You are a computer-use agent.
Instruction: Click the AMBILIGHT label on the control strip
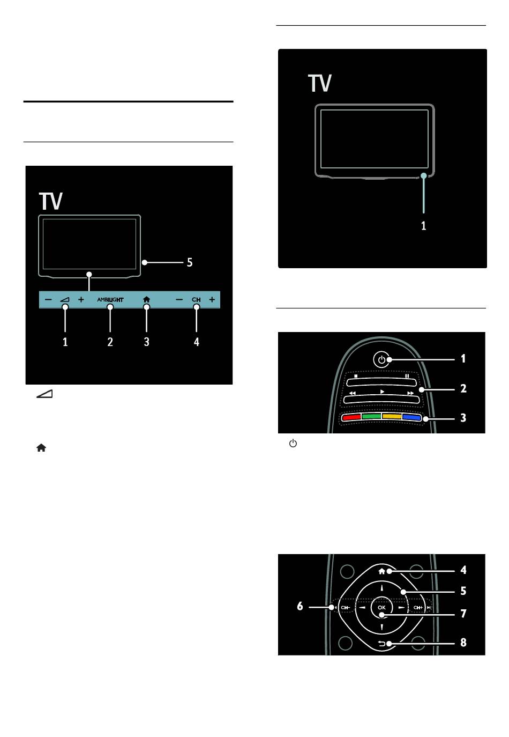110,299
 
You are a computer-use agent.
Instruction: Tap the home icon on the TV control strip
147,299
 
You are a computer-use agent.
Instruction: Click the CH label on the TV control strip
196,299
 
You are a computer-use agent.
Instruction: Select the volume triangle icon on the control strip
65,299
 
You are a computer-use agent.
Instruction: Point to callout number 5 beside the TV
190,262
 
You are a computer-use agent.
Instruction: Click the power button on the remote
381,359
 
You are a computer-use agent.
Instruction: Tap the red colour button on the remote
351,417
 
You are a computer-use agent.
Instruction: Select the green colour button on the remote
371,417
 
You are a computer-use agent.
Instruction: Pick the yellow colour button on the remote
392,417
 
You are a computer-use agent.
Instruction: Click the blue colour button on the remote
411,417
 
